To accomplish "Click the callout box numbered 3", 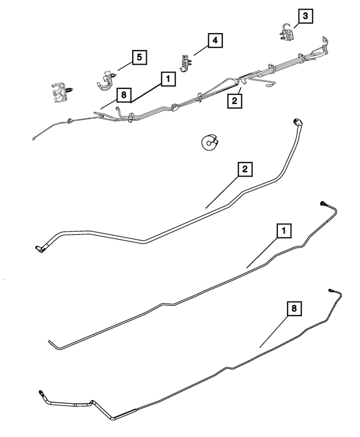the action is click(305, 16).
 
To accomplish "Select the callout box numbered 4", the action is click(215, 40).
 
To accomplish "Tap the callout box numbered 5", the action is click(139, 57).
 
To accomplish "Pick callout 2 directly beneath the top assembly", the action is click(235, 101).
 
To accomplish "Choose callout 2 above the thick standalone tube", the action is click(245, 169).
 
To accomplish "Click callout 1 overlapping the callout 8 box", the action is click(168, 79).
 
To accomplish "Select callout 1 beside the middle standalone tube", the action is click(284, 231).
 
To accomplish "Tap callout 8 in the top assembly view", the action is click(124, 95).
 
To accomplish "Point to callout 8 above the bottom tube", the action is click(294, 308).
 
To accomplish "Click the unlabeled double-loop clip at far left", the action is click(61, 92).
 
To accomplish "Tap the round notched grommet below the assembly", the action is click(209, 143).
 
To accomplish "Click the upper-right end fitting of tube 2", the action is click(298, 123).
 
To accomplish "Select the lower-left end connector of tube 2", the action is click(39, 249).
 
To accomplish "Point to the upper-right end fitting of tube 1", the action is click(323, 203).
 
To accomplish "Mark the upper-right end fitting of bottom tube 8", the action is click(331, 290).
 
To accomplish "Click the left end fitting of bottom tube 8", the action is click(41, 393).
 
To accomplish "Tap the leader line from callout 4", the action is click(201, 51).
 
